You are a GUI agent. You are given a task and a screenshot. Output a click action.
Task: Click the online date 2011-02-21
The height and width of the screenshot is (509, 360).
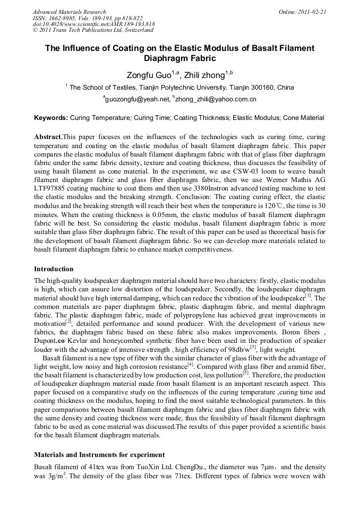pos(313,11)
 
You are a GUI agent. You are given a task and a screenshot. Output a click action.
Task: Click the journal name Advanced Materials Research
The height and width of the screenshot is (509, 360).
pos(69,11)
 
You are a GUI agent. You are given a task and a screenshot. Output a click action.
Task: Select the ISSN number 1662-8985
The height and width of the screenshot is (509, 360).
pos(58,18)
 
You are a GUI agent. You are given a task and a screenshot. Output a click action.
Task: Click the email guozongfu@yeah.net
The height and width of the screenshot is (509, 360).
pos(135,99)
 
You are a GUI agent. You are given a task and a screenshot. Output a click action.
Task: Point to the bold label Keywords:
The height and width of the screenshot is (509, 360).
pos(51,117)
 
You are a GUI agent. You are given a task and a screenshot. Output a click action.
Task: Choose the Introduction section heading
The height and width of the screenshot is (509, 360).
pos(54,269)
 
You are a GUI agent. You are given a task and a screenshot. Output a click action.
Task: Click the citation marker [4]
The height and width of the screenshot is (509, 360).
pos(190,365)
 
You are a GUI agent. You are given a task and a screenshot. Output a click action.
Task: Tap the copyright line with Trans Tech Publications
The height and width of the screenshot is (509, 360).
pos(93,30)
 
